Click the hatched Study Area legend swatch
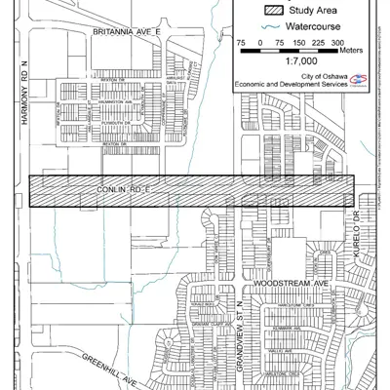tap(268, 11)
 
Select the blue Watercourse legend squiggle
tap(268, 28)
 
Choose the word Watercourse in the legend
tap(317, 28)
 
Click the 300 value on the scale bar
tap(337, 44)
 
